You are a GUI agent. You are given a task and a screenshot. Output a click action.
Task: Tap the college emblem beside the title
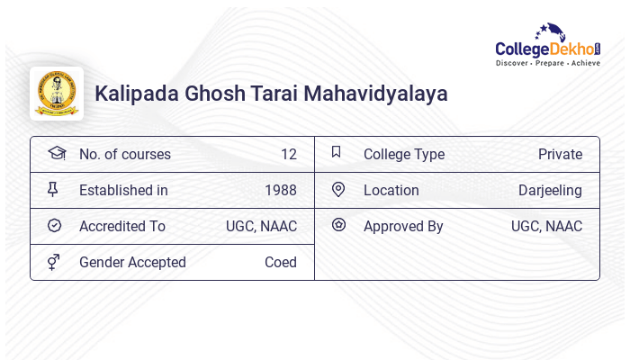click(57, 94)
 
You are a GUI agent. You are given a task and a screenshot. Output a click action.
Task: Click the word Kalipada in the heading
click(131, 94)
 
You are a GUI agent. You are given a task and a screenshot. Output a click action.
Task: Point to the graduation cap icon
click(57, 153)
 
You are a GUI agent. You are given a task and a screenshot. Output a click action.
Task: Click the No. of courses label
click(124, 154)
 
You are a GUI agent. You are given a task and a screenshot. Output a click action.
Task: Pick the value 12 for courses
click(288, 154)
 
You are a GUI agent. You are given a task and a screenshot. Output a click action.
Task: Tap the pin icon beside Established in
click(53, 189)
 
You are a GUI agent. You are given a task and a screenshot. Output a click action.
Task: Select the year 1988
click(280, 190)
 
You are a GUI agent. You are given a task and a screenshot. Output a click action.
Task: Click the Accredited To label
click(121, 226)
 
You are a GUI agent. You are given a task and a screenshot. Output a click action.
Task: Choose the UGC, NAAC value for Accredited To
click(261, 226)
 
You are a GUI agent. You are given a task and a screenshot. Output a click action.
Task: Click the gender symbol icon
click(54, 262)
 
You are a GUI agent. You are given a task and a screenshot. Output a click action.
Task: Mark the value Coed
click(280, 262)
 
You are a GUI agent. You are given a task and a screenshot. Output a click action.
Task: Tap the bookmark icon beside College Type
click(336, 152)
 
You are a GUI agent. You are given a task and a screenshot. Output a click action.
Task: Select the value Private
click(560, 154)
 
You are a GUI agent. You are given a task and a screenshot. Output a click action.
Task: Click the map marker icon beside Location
click(338, 189)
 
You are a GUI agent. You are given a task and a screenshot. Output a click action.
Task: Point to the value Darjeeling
click(550, 190)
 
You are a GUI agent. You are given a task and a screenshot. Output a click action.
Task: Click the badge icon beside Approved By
click(338, 225)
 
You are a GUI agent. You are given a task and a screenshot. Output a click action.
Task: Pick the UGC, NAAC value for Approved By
click(546, 226)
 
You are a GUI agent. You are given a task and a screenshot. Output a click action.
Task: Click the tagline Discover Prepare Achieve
click(547, 64)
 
